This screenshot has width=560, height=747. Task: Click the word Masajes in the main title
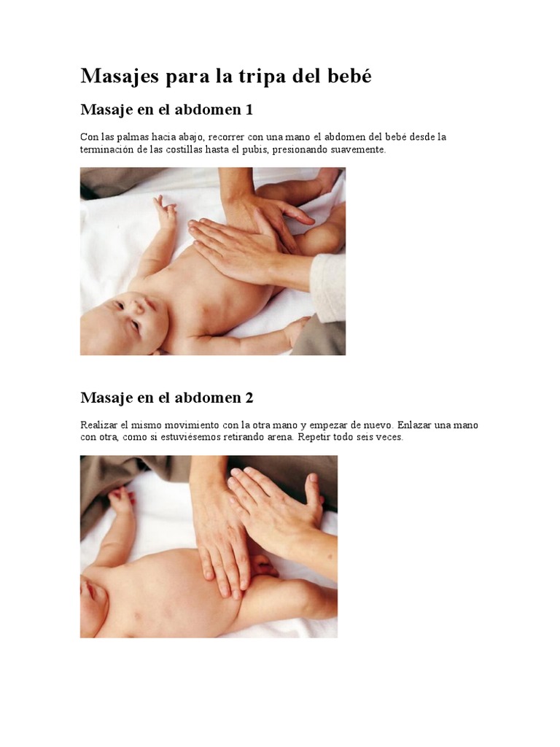click(120, 77)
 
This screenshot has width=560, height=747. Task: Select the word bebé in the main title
click(350, 75)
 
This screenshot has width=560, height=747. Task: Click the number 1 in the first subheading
click(248, 109)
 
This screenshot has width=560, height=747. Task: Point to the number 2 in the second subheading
click(249, 398)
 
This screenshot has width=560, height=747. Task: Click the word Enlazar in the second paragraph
click(414, 425)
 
